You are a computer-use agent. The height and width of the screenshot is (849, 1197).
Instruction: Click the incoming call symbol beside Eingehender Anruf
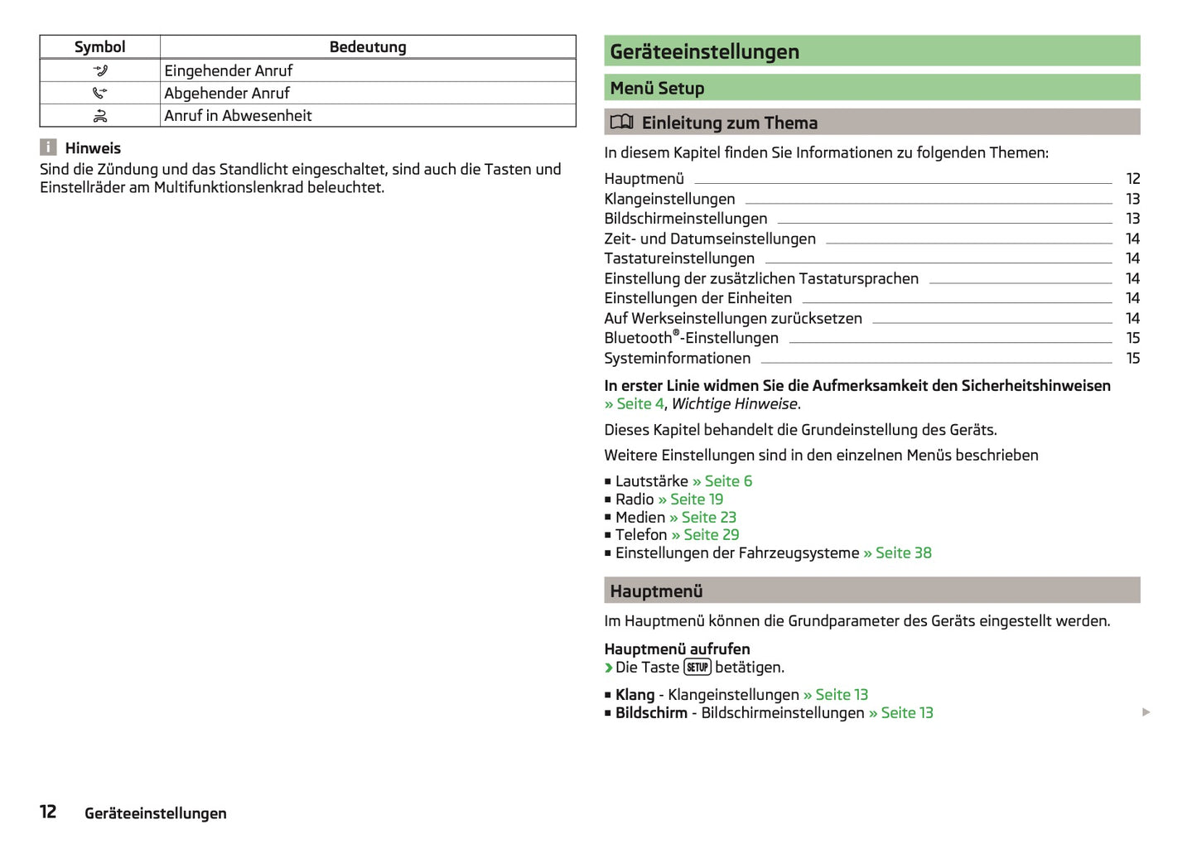tap(100, 70)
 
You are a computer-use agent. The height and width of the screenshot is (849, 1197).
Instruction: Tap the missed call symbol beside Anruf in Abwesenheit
tap(100, 116)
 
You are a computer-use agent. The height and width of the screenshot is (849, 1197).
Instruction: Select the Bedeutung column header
tap(368, 47)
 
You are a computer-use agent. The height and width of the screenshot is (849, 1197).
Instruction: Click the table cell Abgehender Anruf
tap(227, 93)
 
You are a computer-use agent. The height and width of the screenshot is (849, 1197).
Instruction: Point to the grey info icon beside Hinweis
tap(49, 147)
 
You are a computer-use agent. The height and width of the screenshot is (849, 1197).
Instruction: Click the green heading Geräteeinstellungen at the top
tap(705, 51)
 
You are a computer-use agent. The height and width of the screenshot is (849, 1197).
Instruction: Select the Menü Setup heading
tap(657, 88)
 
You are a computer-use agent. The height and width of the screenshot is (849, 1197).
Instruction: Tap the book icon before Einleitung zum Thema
tap(621, 123)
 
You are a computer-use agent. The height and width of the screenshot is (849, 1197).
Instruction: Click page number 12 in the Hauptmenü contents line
tap(1132, 179)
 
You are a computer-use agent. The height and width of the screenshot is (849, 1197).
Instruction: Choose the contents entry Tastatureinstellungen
tap(679, 258)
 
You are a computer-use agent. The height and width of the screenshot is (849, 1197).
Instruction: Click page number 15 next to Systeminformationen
tap(1132, 359)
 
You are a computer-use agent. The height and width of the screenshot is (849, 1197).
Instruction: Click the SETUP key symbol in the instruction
tap(697, 668)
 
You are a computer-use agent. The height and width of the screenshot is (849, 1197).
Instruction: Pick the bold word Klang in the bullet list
tap(635, 695)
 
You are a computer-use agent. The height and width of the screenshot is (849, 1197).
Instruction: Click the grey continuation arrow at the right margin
tap(1146, 712)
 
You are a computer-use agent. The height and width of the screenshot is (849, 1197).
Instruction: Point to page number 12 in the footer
tap(48, 812)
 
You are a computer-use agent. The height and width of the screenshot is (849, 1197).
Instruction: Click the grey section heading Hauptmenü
tap(656, 591)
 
